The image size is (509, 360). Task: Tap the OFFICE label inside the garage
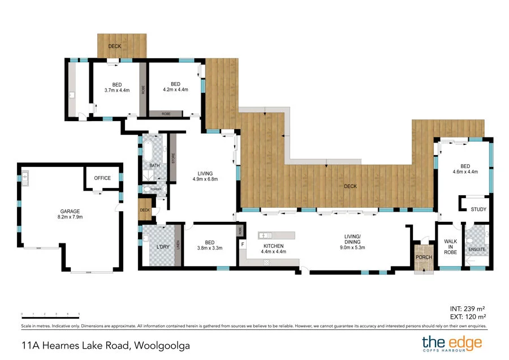coord(102,178)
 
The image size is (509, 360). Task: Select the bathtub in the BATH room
coord(148,152)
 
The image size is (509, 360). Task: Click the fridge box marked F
coord(243,245)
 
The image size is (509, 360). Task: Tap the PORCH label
coord(424,258)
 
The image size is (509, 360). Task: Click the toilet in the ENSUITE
coord(471,247)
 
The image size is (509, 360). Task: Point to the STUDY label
coord(478,209)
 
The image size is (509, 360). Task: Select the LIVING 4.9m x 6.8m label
coord(205,177)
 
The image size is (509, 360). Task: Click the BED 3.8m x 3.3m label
coord(209,245)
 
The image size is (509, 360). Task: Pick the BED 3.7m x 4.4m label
coord(117,87)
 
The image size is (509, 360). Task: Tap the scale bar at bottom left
coord(50,313)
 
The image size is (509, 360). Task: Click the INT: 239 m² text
coord(467,308)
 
